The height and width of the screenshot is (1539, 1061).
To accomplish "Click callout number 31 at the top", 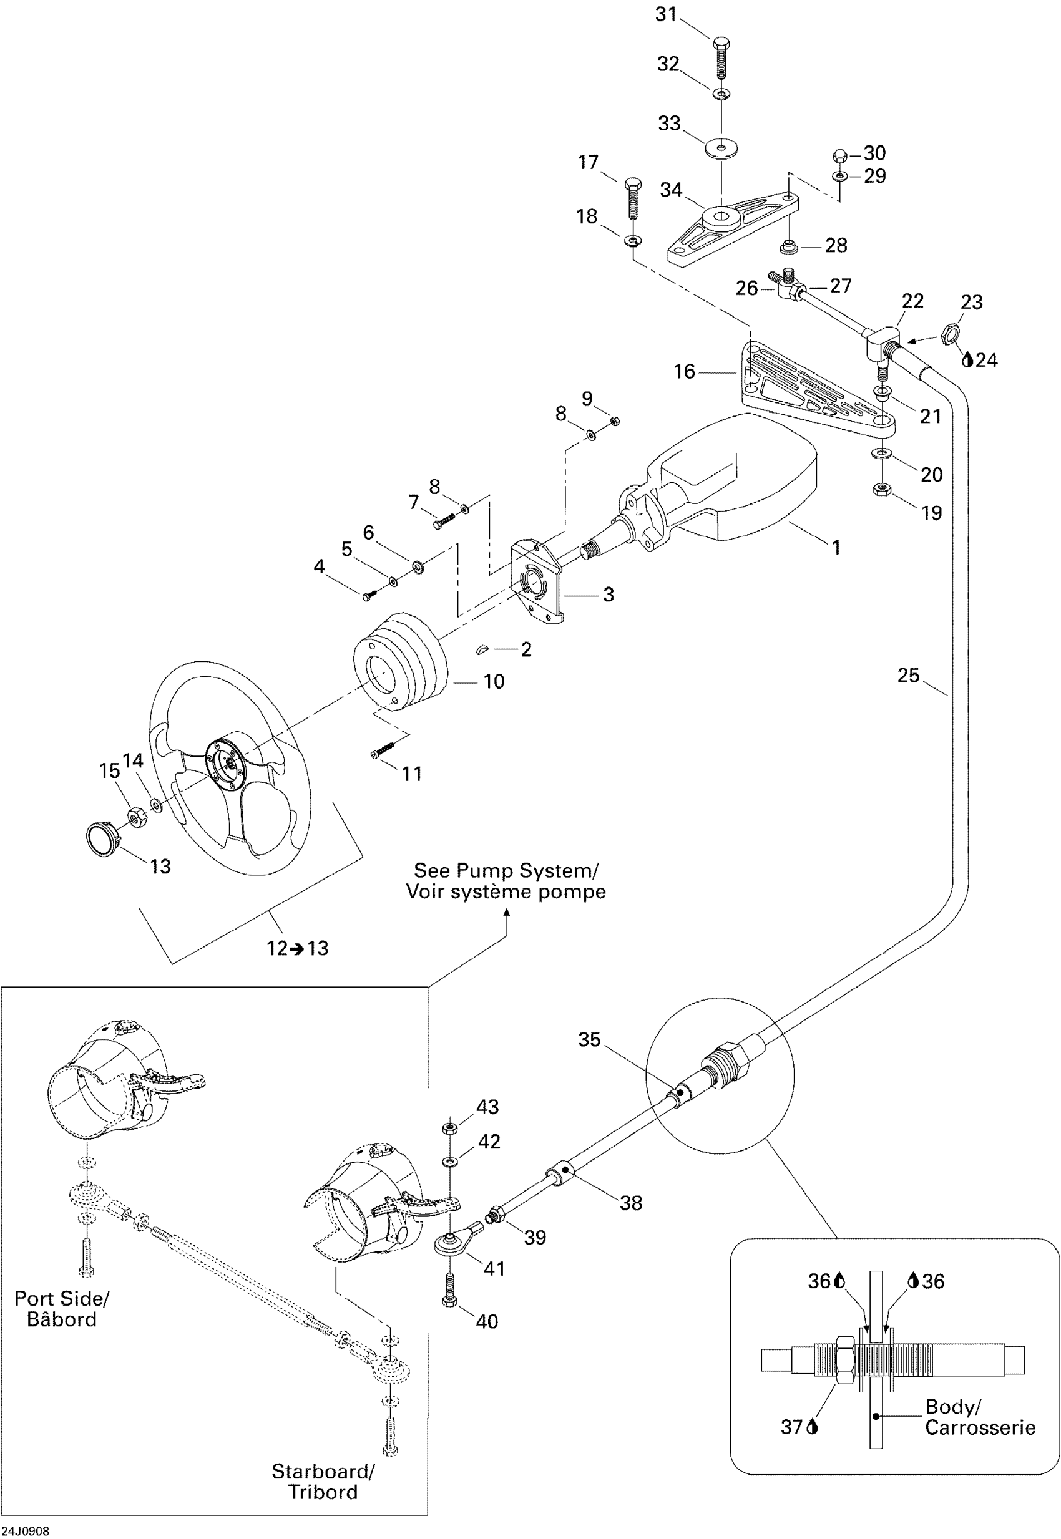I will [x=665, y=14].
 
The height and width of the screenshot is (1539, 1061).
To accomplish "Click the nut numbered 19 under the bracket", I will [x=881, y=490].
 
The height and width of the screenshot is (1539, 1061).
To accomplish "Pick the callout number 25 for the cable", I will [x=908, y=675].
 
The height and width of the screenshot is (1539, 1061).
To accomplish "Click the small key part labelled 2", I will [x=482, y=649].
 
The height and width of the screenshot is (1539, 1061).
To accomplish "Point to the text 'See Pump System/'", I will [x=506, y=870].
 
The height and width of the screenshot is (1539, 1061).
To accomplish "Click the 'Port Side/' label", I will [x=61, y=1298].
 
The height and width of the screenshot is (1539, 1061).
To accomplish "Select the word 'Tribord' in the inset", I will [x=323, y=1492].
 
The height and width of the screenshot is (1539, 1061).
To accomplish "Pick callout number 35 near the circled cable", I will [x=589, y=1039].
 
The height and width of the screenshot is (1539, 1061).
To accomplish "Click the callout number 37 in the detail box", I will [x=791, y=1427].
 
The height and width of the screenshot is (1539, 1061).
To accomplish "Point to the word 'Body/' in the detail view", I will [x=952, y=1406].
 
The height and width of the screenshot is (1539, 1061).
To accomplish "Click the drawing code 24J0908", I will [x=25, y=1530].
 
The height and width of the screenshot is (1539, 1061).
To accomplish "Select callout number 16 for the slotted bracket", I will [x=684, y=371].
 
